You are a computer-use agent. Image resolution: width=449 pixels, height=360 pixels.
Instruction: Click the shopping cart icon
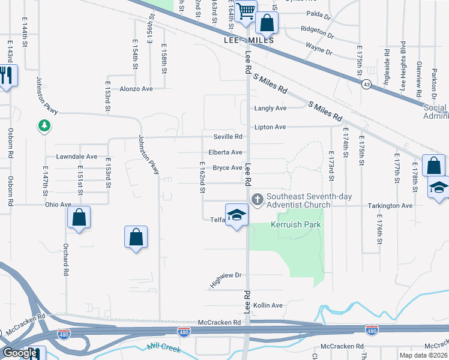(245, 11)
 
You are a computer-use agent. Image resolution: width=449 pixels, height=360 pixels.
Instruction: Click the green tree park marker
(44, 126)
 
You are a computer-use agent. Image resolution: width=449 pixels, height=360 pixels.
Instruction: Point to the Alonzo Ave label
(136, 88)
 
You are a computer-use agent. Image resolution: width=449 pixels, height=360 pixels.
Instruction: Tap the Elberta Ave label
(225, 152)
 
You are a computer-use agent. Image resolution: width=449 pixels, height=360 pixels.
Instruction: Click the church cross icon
(258, 199)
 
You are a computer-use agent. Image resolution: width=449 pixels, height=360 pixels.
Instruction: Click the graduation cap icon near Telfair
(237, 215)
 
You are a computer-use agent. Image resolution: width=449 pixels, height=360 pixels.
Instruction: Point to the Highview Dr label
(226, 279)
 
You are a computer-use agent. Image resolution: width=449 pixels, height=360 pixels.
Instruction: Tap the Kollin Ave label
(268, 305)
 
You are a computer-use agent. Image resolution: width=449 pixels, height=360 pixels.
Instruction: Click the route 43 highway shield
(366, 85)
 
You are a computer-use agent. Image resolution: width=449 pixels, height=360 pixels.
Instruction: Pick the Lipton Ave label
(271, 127)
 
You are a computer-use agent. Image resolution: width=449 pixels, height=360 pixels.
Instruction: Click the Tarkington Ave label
(390, 205)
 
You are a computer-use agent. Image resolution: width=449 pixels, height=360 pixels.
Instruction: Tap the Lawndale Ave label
(76, 157)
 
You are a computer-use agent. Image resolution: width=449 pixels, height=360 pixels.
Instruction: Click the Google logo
(20, 353)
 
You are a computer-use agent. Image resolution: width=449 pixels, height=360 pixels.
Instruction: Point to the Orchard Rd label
(65, 260)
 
